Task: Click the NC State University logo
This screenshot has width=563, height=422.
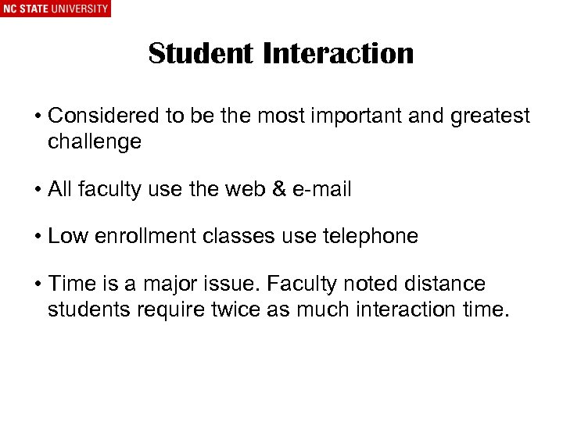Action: (x=56, y=9)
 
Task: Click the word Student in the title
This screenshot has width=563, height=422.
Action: (x=201, y=53)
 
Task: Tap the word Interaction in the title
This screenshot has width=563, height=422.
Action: (x=339, y=53)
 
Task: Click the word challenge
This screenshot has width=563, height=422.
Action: (x=95, y=141)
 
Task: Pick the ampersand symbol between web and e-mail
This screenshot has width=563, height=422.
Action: (x=274, y=188)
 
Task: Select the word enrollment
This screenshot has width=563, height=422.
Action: (x=138, y=236)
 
